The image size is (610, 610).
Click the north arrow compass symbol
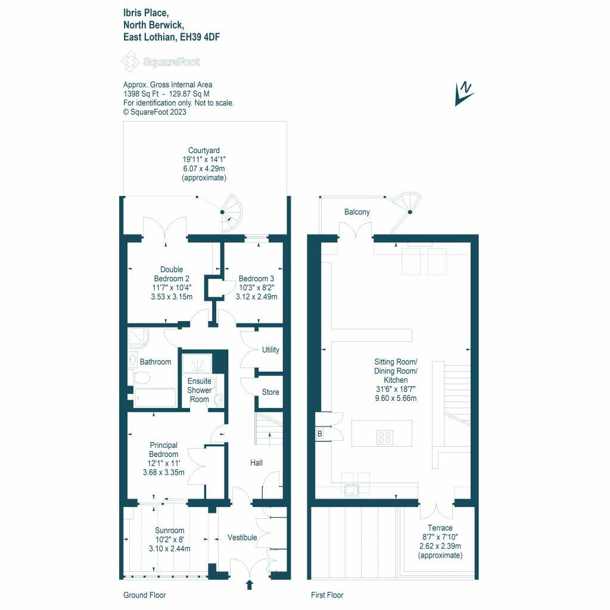tap(465, 94)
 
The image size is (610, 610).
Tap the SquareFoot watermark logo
tap(160, 61)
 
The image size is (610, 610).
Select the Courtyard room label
tap(204, 150)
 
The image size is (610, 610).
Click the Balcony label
tap(357, 212)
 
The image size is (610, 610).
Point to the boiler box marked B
tap(320, 434)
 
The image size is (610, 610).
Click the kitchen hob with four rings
tap(385, 437)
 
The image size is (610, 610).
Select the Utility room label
tap(270, 350)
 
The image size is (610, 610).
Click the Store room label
tap(270, 392)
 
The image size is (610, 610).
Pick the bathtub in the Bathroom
tap(155, 397)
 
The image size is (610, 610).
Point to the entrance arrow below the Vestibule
tap(250, 584)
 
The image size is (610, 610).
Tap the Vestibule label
tap(242, 537)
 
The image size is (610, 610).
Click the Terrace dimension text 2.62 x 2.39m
tap(440, 546)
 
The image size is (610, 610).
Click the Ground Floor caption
tap(144, 595)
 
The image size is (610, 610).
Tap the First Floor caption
tap(327, 595)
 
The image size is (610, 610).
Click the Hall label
tap(256, 462)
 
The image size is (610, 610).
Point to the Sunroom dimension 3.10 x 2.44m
tap(170, 549)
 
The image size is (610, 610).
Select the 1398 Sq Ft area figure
tap(141, 94)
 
